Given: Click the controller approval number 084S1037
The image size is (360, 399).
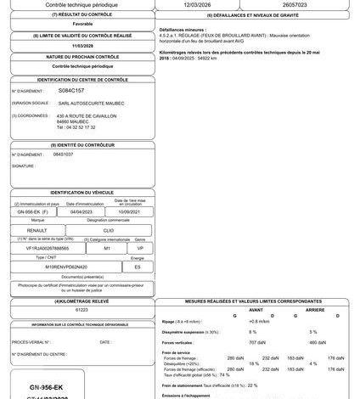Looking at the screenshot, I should tap(63, 155).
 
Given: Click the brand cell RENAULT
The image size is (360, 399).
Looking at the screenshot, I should tap(37, 230).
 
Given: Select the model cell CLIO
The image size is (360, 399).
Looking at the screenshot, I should tap(107, 230).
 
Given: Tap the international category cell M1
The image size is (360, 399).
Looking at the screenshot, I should tap(107, 249).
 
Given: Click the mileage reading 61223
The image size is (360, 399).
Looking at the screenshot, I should tap(82, 311).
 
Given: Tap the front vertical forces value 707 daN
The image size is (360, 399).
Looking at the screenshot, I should tap(252, 341).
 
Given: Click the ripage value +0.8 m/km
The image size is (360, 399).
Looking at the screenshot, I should tap(258, 322).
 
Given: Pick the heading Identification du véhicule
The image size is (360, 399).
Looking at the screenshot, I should tap(82, 193).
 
